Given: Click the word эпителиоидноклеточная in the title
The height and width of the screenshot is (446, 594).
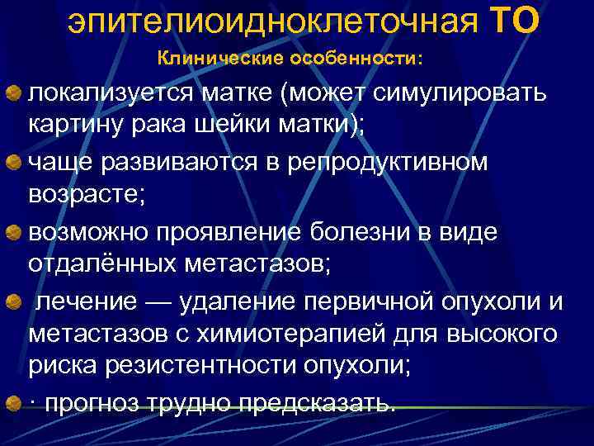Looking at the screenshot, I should [273, 22].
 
